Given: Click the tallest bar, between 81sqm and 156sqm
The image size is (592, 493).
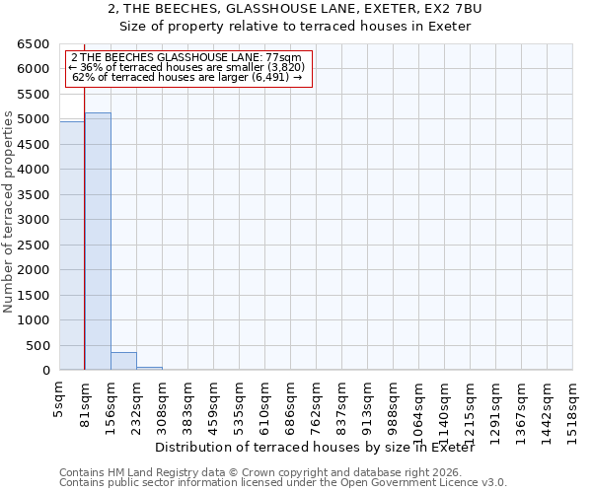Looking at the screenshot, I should tap(98, 242).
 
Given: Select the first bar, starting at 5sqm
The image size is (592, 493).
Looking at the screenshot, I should tap(72, 246).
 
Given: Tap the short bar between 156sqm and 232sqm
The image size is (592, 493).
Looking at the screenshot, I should tap(123, 361).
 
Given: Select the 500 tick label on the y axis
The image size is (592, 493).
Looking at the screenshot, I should tap(38, 346).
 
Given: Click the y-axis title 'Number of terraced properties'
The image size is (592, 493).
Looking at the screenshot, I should tap(10, 212).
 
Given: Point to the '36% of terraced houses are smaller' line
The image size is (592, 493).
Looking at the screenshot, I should tap(186, 67).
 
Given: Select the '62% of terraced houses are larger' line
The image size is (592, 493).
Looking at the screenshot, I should tap(186, 77).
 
